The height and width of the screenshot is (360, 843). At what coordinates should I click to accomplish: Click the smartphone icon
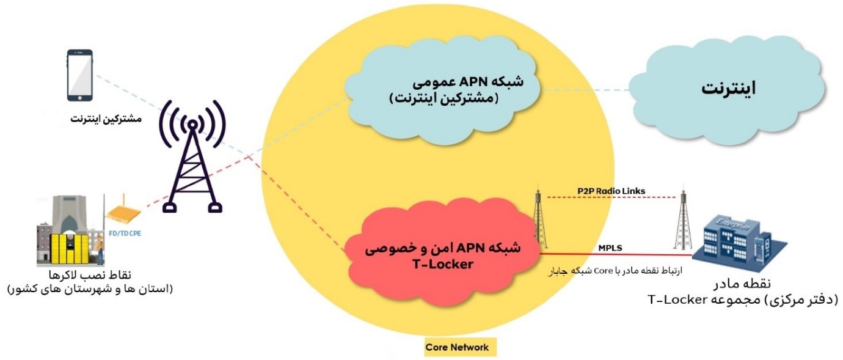[79, 75]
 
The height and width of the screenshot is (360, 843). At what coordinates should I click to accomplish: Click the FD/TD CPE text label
[125, 232]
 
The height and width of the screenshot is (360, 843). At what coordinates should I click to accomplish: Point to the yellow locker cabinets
[65, 248]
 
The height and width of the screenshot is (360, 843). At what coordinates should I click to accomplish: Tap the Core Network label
[457, 347]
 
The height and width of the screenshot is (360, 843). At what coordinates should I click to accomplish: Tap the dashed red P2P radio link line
[611, 197]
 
